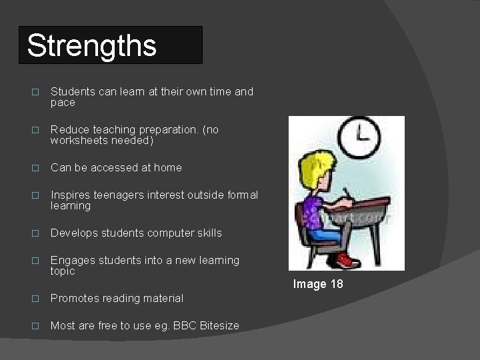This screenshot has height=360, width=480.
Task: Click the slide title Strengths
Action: [92, 46]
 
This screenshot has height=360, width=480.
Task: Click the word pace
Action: [63, 103]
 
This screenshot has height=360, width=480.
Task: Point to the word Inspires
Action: [70, 195]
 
